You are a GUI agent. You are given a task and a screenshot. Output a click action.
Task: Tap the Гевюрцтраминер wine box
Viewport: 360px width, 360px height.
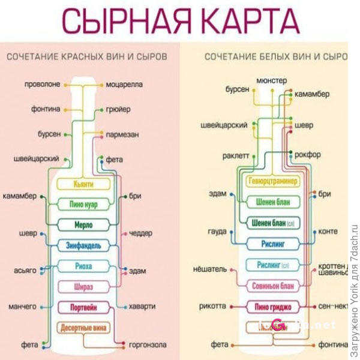point(273,181)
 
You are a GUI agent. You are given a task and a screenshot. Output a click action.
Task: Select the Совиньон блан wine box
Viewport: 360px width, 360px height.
point(273,286)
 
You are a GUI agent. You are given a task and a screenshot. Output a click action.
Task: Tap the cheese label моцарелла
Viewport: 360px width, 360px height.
point(125,85)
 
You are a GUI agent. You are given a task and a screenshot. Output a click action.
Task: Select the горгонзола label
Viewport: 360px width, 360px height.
point(148,345)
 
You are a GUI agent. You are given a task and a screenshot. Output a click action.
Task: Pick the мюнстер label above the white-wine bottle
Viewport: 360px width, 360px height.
point(271,80)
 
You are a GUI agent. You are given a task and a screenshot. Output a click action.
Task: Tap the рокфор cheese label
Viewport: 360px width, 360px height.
point(309,154)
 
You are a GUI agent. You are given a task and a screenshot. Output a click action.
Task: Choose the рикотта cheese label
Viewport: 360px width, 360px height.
point(212,306)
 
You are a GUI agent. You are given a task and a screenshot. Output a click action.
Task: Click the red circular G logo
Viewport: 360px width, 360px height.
point(278,324)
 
